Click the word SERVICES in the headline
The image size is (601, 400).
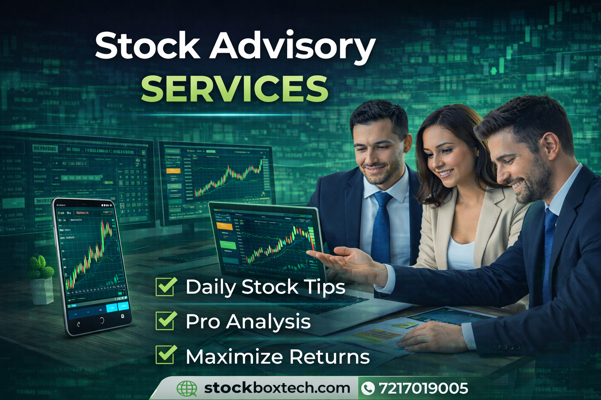tap(235, 89)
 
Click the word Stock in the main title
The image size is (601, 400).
tap(148, 46)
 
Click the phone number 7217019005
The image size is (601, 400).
tap(423, 388)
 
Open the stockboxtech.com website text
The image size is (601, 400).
tap(277, 388)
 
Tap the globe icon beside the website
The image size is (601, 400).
tap(187, 388)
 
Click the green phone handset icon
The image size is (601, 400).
tap(368, 388)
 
